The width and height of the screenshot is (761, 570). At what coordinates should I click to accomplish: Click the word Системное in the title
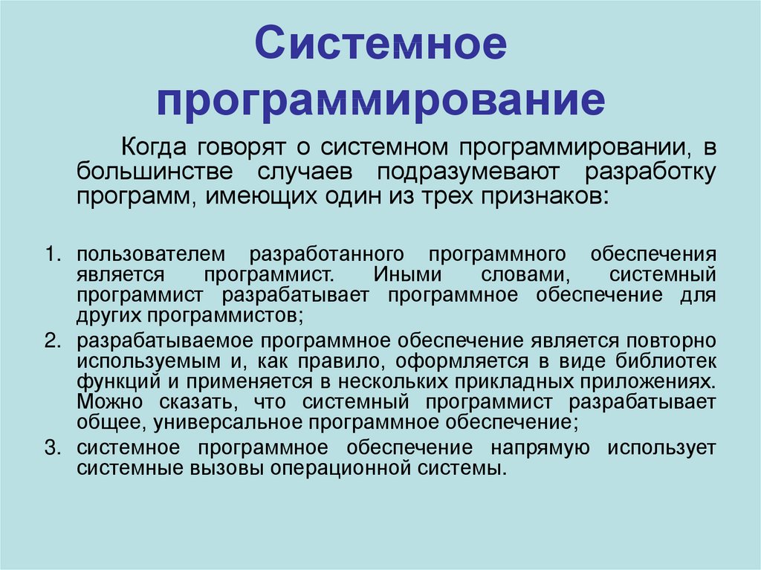coord(380,43)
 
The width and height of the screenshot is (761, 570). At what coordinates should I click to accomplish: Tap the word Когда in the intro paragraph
coord(153,147)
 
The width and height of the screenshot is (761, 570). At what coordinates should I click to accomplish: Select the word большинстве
coord(155,172)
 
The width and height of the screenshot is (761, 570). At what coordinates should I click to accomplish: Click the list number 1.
coord(52,254)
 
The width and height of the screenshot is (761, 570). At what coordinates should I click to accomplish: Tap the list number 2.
coord(52,341)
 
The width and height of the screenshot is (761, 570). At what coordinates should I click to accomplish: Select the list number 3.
coord(52,447)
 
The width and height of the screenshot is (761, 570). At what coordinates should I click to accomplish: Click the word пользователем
coord(151,254)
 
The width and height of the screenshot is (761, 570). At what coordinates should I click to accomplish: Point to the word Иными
coord(407,275)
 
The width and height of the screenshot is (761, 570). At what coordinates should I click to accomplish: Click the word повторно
coord(671,341)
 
